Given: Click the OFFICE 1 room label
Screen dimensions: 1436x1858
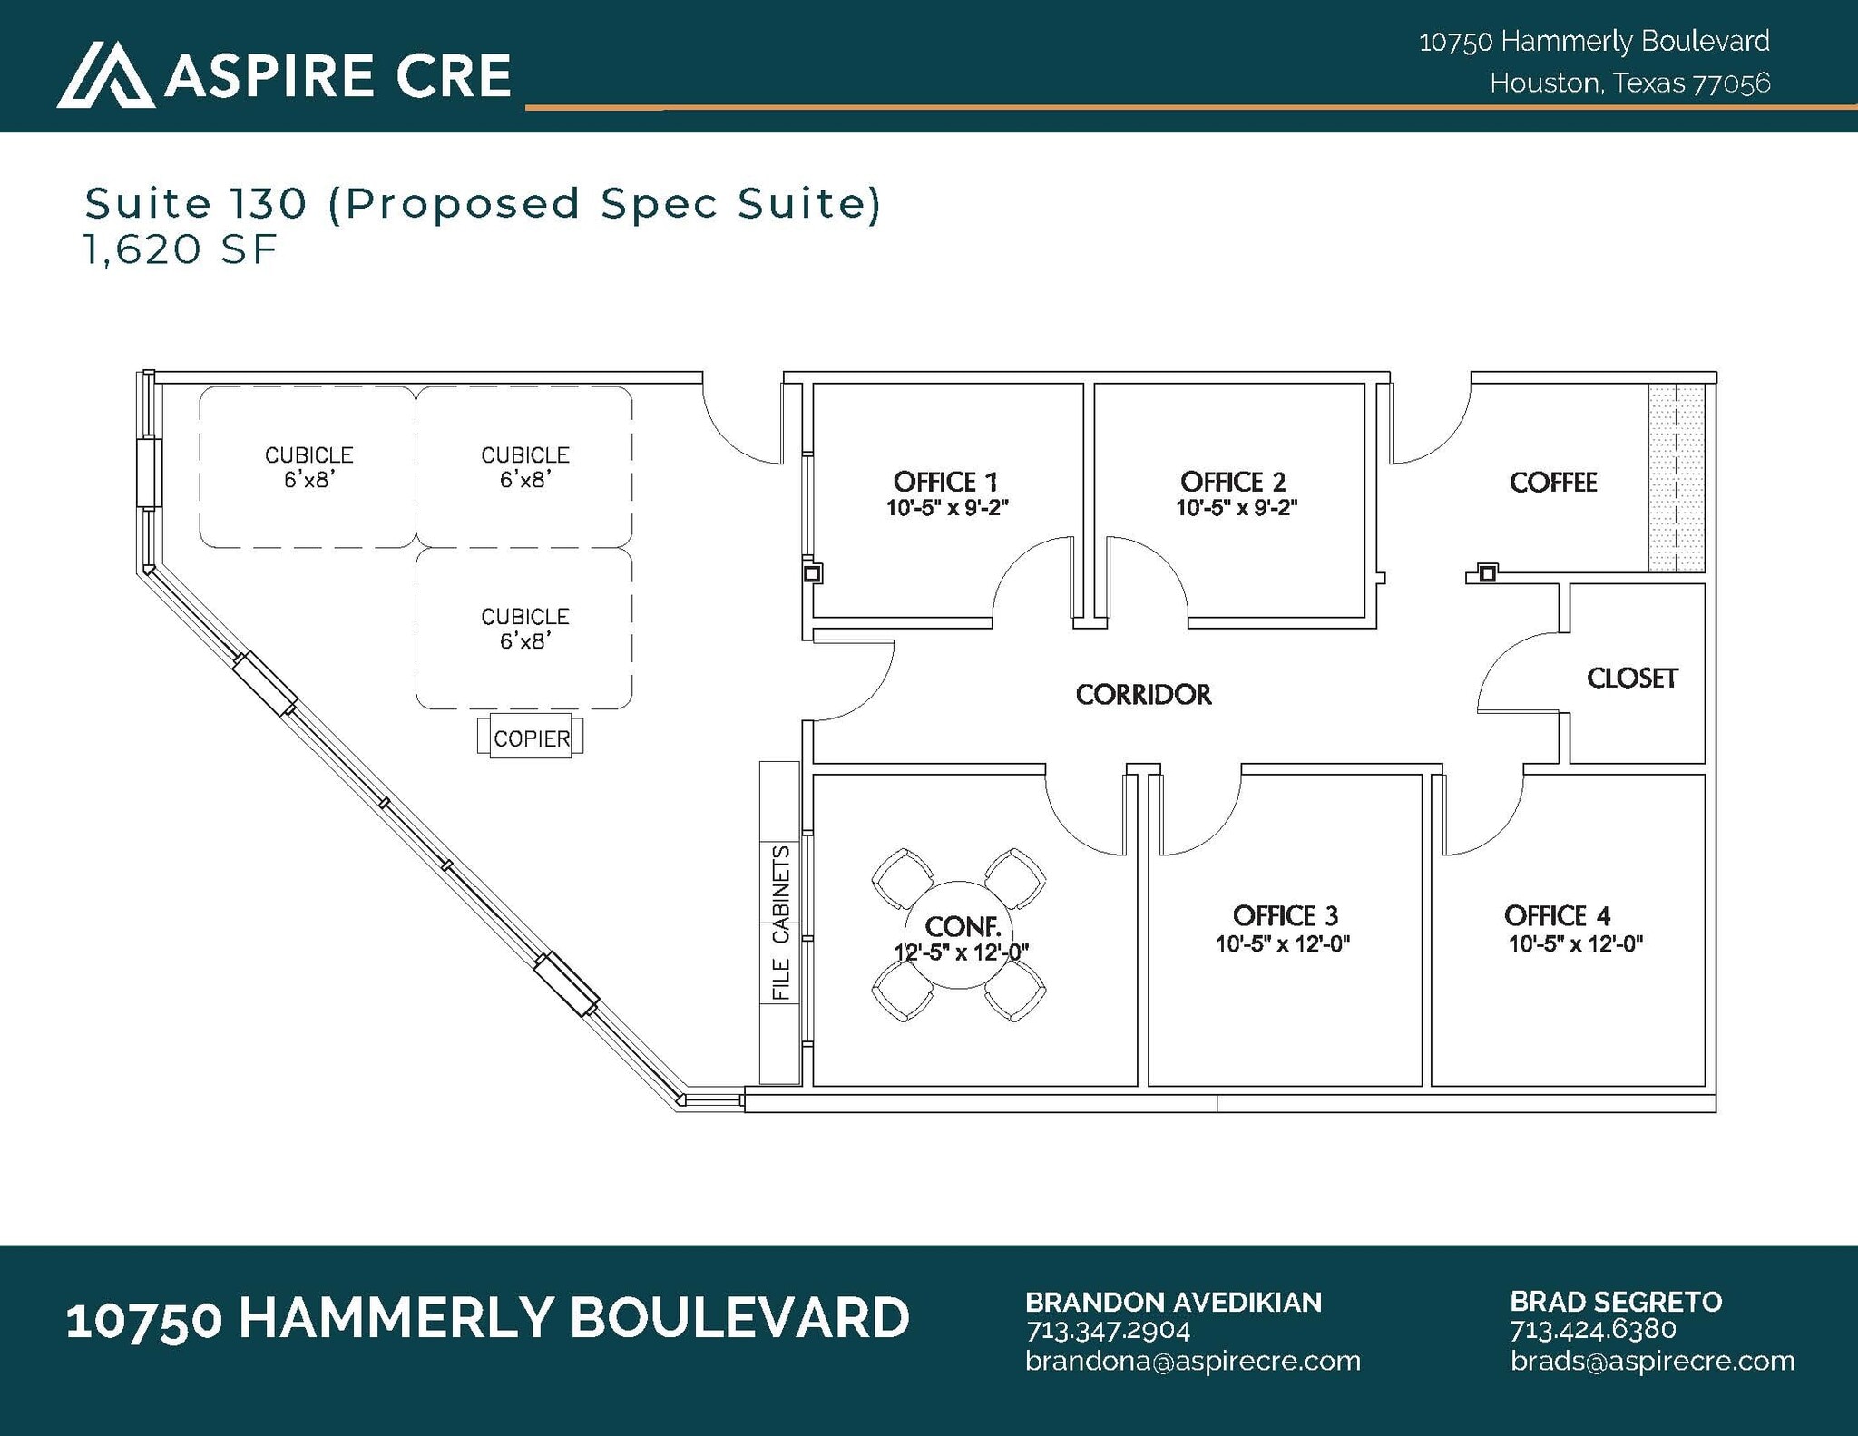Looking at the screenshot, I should (x=945, y=482).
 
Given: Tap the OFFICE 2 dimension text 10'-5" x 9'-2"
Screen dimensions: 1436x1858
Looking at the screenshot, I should (x=1237, y=508).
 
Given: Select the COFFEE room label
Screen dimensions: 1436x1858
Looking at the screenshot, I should (x=1552, y=483).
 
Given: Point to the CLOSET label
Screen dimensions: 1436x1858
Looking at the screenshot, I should (x=1631, y=678).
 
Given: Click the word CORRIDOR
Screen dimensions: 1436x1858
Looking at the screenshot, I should (x=1143, y=695).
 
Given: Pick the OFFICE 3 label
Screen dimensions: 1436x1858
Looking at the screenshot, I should (x=1285, y=915).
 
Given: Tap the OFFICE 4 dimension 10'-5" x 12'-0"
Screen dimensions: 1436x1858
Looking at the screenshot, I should (x=1575, y=944).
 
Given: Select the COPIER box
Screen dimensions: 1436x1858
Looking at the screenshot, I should (x=531, y=738).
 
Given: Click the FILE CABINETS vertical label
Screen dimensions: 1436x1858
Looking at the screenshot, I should (x=780, y=923).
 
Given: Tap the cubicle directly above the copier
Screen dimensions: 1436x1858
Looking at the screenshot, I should (x=524, y=628).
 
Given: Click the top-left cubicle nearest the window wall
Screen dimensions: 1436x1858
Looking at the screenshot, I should (x=308, y=466).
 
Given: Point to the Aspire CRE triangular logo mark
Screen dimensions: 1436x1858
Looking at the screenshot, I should (x=105, y=75).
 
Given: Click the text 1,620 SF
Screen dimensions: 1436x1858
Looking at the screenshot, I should (x=180, y=249).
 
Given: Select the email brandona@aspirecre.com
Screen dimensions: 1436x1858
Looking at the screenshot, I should (x=1192, y=1361).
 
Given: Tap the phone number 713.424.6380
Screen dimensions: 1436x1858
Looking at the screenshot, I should (x=1592, y=1330).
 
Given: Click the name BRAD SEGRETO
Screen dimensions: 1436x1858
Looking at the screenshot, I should (x=1615, y=1302).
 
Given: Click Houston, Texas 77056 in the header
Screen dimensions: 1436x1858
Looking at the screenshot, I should (x=1629, y=83).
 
